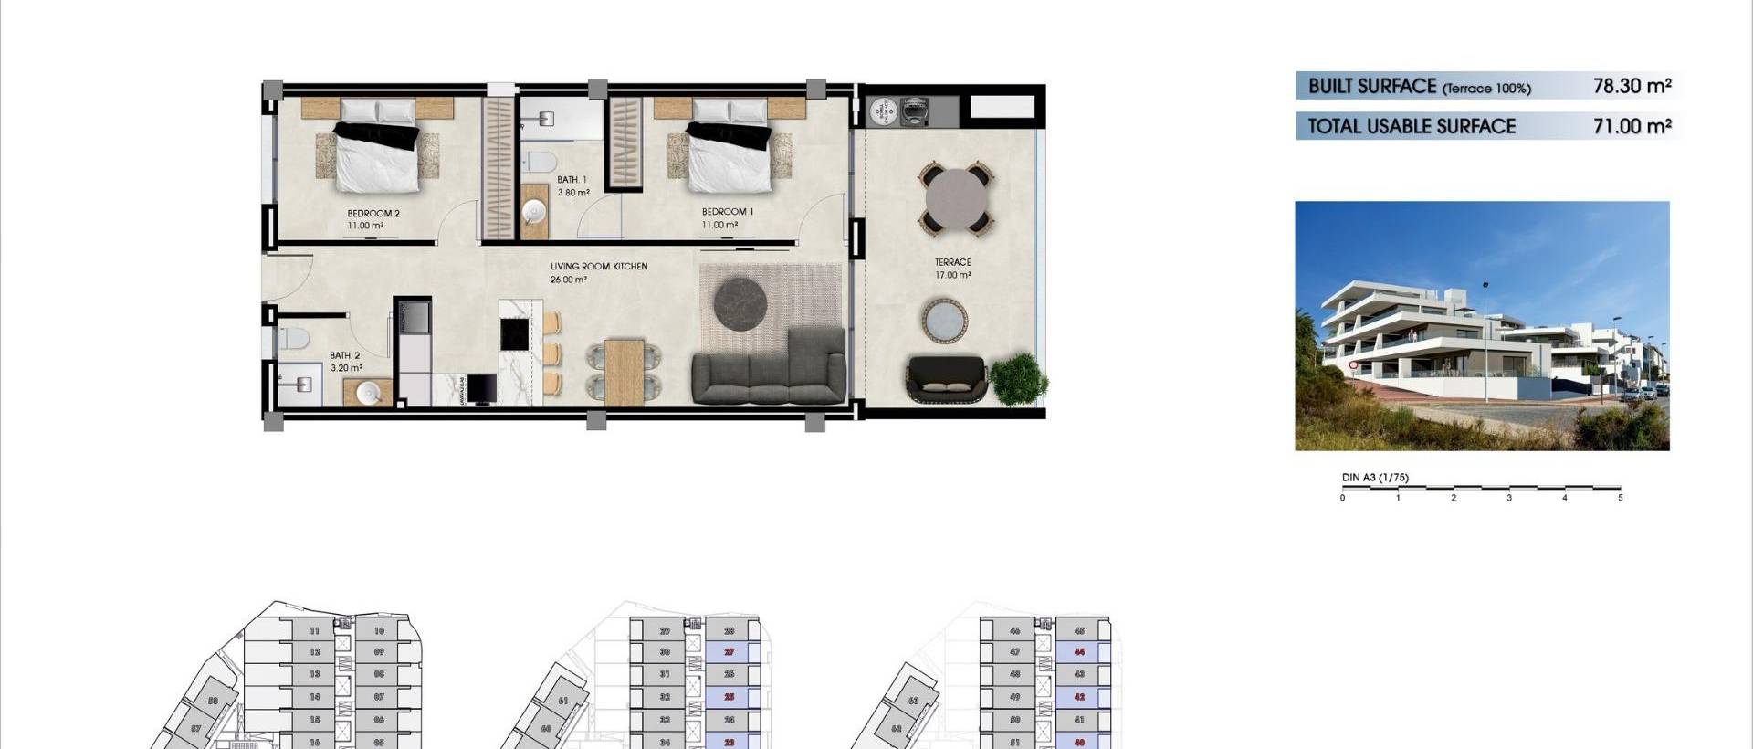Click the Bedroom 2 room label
[373, 214]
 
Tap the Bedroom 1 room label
[727, 212]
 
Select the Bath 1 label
[572, 180]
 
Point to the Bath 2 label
[344, 355]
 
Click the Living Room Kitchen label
[598, 267]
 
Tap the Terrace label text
[952, 262]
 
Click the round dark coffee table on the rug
[740, 303]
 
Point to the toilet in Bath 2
[292, 340]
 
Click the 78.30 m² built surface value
[1632, 86]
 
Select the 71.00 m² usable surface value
[1632, 126]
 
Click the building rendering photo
[1482, 326]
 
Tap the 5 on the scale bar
[1621, 498]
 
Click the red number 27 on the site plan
[730, 652]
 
